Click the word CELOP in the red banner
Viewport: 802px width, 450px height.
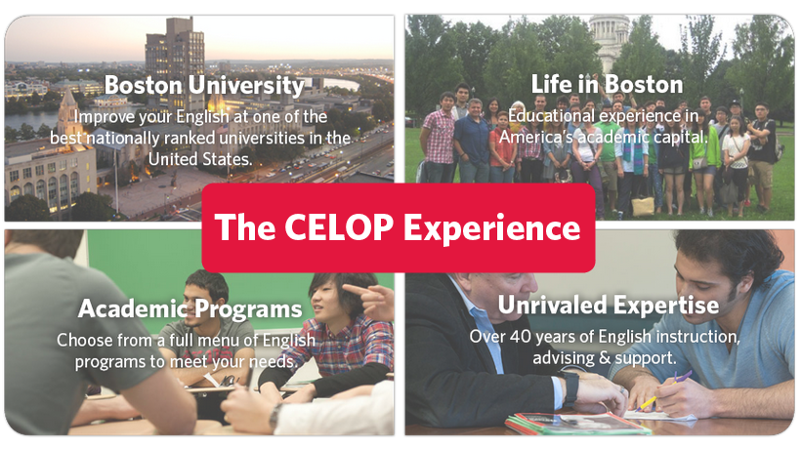[x=339, y=226]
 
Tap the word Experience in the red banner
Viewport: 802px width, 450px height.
[x=492, y=228]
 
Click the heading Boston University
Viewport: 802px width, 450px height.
[x=204, y=85]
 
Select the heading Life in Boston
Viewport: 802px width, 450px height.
[x=608, y=84]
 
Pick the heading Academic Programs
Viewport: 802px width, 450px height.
[x=190, y=309]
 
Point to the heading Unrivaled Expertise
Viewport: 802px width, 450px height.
[x=609, y=306]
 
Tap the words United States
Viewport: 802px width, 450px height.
[x=200, y=159]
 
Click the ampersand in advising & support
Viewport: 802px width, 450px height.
[x=605, y=357]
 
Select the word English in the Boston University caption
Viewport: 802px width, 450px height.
[x=202, y=117]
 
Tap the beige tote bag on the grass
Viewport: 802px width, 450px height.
[x=643, y=205]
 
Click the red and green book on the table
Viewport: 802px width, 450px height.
[x=578, y=424]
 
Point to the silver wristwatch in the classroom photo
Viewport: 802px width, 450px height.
[x=274, y=415]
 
